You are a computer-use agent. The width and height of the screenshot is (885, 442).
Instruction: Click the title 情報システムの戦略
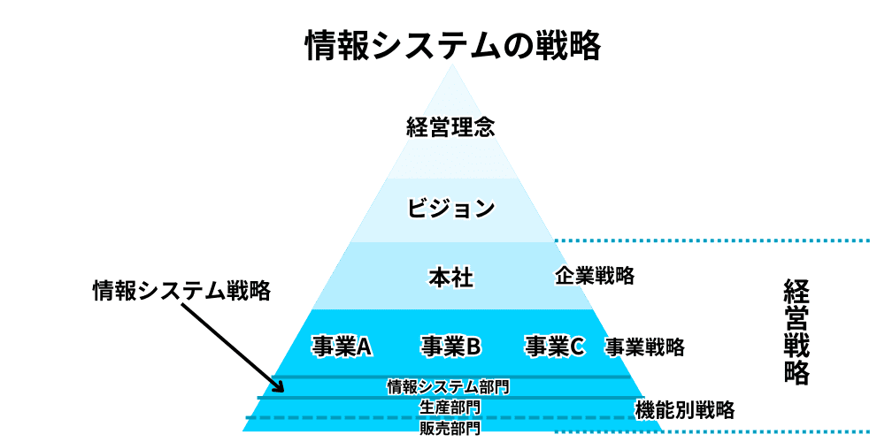[x=452, y=45]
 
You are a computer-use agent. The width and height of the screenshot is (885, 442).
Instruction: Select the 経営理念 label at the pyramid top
[x=450, y=126]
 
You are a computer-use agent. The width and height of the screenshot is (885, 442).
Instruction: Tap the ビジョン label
[x=450, y=209]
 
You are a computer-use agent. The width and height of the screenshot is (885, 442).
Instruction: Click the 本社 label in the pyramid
[x=451, y=278]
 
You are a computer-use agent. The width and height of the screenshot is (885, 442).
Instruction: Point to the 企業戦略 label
[x=595, y=276]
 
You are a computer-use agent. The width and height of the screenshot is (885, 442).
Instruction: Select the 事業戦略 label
[x=644, y=347]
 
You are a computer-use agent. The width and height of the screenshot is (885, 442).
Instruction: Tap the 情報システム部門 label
[x=449, y=386]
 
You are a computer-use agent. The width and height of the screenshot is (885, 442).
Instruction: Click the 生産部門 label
[x=450, y=408]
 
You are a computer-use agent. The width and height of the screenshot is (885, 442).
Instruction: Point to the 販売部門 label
[x=450, y=429]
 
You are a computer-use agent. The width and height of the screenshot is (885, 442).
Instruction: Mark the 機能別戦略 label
[x=685, y=409]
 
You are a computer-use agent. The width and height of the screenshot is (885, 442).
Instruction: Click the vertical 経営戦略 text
[x=796, y=332]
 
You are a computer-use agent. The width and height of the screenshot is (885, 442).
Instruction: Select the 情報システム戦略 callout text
[x=181, y=291]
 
